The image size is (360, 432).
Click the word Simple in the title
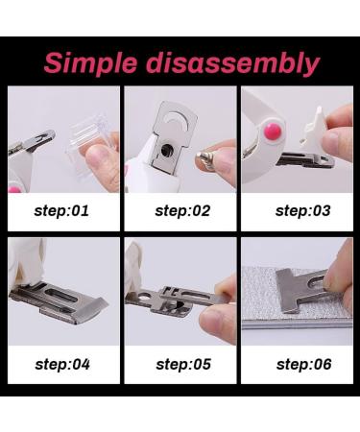(90, 63)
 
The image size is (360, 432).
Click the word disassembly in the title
(233, 63)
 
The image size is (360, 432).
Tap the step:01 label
(61, 211)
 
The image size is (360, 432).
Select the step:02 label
(182, 211)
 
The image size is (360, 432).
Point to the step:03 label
(302, 211)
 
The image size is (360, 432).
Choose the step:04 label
(62, 365)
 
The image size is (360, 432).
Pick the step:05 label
(183, 365)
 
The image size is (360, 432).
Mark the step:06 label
(303, 365)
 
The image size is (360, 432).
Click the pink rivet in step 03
(273, 132)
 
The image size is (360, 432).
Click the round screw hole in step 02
(167, 149)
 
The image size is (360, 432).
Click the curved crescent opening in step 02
(178, 118)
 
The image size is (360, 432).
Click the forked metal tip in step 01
(42, 138)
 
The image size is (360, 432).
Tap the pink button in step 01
(14, 189)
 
